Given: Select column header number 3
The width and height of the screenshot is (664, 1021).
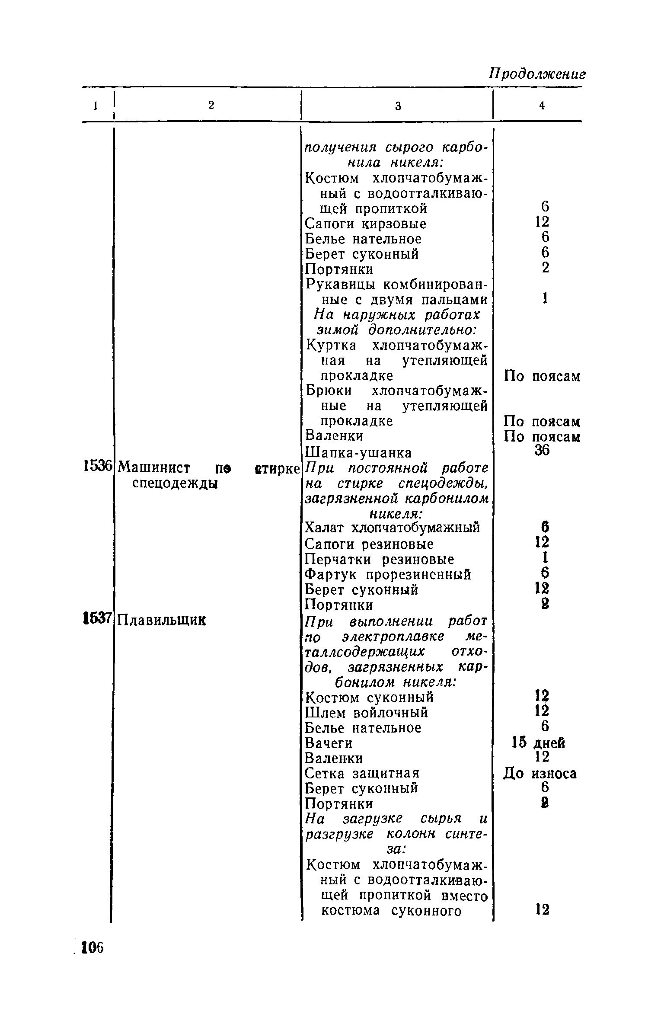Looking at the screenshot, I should (x=398, y=106).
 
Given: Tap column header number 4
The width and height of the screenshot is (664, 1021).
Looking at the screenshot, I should (x=541, y=106).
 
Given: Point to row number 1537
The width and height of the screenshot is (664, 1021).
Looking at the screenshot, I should (x=98, y=619).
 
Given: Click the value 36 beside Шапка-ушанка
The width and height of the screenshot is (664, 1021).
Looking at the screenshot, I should (x=542, y=450).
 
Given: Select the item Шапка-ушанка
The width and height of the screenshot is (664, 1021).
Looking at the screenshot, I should (x=358, y=453).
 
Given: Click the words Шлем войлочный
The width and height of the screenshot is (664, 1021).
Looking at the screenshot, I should (x=367, y=712).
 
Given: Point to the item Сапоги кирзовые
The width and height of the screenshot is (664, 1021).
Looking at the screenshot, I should (x=366, y=224).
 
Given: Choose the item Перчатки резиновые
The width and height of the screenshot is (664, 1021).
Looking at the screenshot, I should (x=380, y=560).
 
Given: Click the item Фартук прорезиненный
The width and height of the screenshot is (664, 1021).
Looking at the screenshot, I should (x=388, y=575).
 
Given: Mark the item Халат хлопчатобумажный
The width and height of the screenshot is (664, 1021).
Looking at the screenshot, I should (x=393, y=528).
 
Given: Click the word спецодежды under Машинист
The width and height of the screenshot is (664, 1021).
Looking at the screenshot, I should (x=174, y=483).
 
